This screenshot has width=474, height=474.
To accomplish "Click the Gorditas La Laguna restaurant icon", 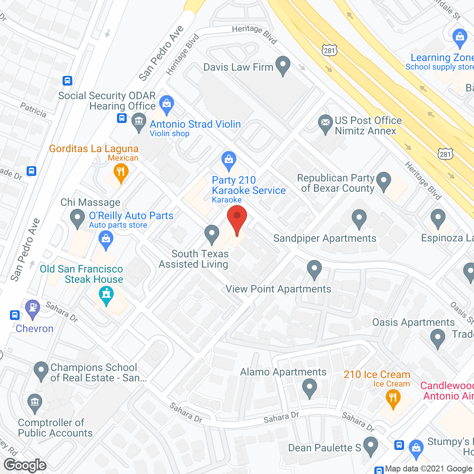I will coord(121,173).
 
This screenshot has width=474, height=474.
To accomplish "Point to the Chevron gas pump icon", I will coord(33,308).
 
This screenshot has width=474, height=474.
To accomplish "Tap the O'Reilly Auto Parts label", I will coord(131,216).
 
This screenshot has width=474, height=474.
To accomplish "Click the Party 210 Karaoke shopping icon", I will coord(229,161).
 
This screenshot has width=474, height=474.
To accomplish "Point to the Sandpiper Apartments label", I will coord(325,238).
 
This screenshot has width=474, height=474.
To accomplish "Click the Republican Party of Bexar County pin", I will coord(383,181).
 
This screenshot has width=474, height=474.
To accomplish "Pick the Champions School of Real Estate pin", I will coord(41,371).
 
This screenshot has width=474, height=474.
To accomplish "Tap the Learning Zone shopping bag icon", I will coord(460,37).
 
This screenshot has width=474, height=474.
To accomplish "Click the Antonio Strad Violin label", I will coord(195,124).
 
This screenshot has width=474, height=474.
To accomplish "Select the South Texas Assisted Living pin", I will coord(212,234).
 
